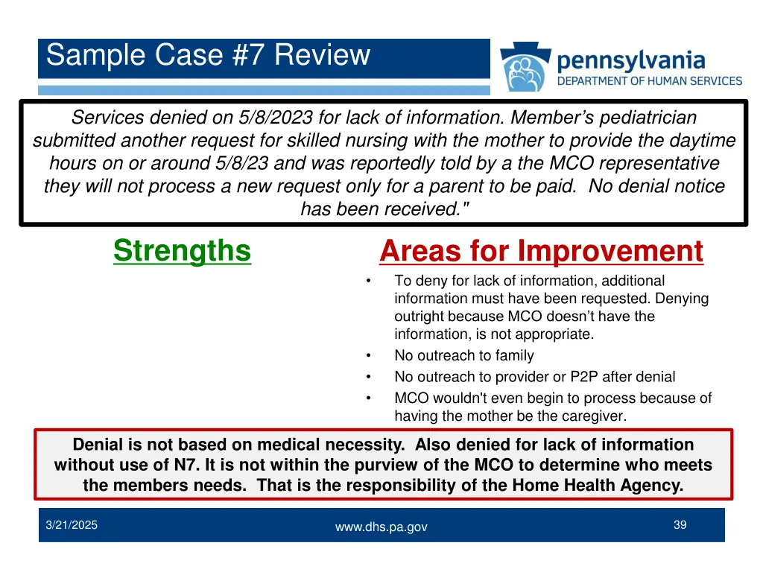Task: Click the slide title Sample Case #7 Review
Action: coord(208,56)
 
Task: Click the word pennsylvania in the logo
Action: coord(630,60)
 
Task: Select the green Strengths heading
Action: coord(182,250)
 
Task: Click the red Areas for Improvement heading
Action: coord(541,252)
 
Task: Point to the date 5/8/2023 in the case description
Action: coord(276,118)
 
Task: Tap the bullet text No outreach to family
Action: coord(463,356)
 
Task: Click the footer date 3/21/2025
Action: coord(71,525)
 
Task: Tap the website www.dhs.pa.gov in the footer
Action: coord(381,527)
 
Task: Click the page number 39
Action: coord(680,525)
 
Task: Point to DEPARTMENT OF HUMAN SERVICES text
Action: coord(650,80)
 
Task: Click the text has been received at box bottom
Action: coord(382,209)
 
